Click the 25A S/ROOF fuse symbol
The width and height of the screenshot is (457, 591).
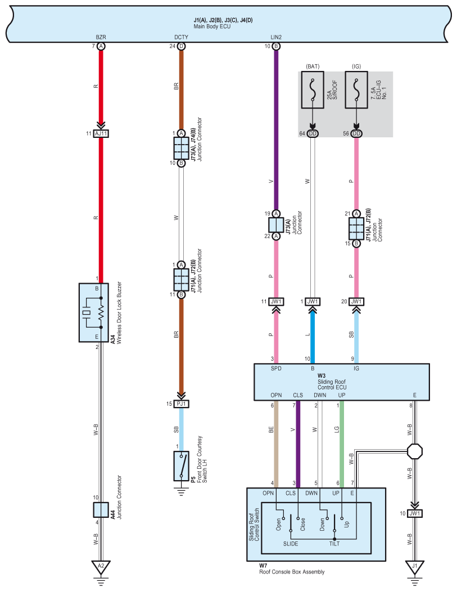313,89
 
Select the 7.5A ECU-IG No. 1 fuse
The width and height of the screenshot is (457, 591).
356,89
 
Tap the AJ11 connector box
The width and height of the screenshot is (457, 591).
101,133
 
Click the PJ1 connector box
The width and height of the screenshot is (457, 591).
182,404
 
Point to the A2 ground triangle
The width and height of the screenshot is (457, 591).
101,567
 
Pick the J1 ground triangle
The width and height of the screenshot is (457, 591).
415,567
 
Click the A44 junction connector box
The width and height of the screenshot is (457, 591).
101,509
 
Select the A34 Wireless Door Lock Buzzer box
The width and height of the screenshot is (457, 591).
94,312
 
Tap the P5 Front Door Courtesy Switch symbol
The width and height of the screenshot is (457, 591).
182,465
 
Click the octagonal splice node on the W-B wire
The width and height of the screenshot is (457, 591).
415,451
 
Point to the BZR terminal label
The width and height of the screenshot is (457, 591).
101,37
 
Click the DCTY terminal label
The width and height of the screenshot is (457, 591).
181,37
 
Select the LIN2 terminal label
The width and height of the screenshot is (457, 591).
276,37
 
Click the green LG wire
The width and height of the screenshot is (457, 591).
342,444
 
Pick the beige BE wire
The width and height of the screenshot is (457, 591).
276,444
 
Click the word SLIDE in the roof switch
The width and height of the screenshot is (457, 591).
291,544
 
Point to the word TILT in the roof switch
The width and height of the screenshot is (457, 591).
334,544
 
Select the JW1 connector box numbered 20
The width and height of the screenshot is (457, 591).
356,302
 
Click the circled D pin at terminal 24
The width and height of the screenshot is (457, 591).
182,46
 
